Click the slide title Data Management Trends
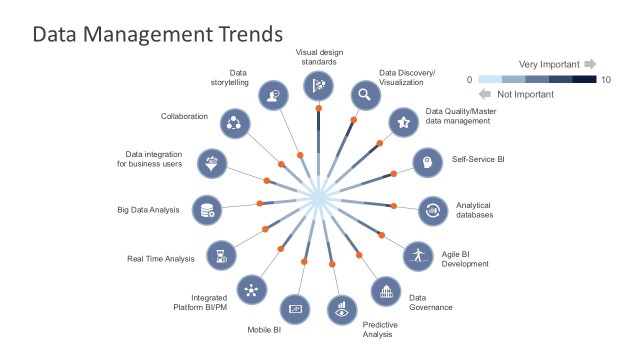(157, 35)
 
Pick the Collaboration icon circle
(233, 123)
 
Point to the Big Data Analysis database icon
(207, 210)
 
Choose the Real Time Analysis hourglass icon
(220, 254)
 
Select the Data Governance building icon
(385, 291)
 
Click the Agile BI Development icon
(418, 254)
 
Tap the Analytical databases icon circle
(433, 210)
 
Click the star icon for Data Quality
(402, 122)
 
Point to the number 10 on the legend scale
(605, 79)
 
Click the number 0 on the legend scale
(469, 79)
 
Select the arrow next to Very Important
(590, 63)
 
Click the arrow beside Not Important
(486, 93)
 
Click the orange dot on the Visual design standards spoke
(319, 107)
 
